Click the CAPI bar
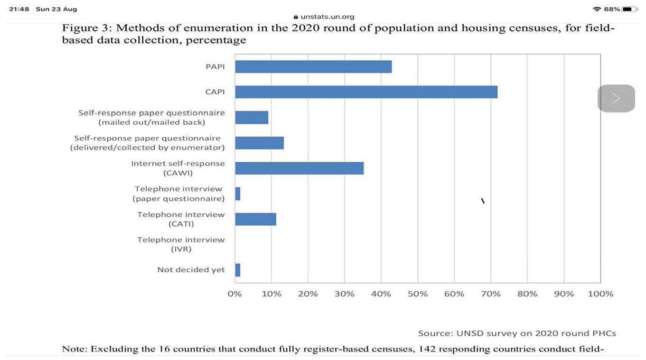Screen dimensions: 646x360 click(366, 92)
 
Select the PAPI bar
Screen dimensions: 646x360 click(313, 66)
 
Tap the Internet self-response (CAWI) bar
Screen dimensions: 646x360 click(300, 168)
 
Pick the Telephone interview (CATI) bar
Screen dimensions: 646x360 click(255, 219)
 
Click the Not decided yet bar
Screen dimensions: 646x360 click(238, 270)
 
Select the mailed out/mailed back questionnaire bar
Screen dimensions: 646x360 click(252, 118)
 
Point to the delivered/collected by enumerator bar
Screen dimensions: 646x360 click(260, 143)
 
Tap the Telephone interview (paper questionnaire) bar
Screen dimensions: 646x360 click(238, 194)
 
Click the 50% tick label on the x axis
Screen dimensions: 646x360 click(418, 294)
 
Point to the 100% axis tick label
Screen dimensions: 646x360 click(600, 294)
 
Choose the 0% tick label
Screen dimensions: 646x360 click(235, 294)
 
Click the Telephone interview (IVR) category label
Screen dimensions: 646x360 click(181, 244)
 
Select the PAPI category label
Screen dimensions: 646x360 click(215, 66)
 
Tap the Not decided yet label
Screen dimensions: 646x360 click(191, 270)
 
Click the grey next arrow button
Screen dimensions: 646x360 click(616, 98)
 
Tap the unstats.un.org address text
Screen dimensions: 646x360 click(328, 17)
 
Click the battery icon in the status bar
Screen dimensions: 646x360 click(630, 9)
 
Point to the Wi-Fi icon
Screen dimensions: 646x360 click(597, 9)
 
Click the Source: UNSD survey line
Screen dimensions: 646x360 click(517, 333)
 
